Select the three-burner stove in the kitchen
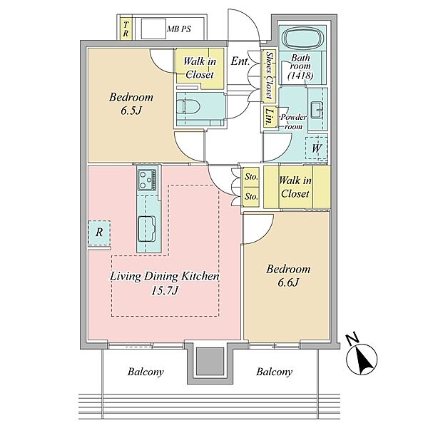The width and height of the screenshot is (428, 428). tap(147, 180)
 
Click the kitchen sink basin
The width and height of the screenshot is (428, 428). tap(146, 229)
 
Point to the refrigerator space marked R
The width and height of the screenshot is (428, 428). tap(99, 233)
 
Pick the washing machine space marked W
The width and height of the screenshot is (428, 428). tap(316, 148)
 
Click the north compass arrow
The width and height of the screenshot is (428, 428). tap(362, 359)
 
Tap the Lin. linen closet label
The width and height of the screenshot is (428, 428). tap(270, 117)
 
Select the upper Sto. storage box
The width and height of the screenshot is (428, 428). tap(251, 177)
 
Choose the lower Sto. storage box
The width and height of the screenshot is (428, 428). tap(251, 197)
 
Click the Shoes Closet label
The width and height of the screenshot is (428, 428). tap(270, 75)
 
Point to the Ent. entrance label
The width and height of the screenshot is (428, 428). tap(240, 61)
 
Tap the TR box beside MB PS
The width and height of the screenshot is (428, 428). tap(126, 29)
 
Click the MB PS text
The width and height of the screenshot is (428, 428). tap(179, 29)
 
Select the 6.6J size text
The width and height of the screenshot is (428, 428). tap(288, 282)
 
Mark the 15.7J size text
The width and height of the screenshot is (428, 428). tap(165, 291)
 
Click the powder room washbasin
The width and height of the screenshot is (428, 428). tap(317, 111)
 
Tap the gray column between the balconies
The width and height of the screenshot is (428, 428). tap(210, 361)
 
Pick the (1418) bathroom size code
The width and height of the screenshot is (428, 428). tap(300, 76)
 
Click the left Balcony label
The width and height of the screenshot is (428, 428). tap(146, 372)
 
